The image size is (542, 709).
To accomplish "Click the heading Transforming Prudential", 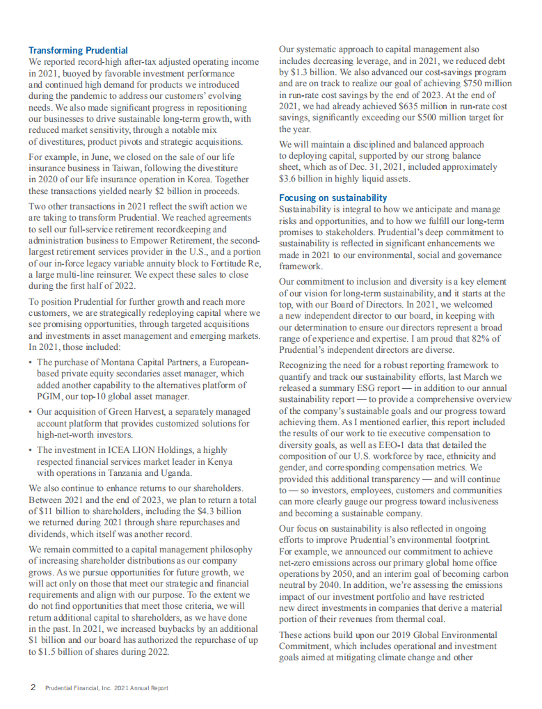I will coord(78,50).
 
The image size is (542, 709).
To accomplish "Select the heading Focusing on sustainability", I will coord(333,198).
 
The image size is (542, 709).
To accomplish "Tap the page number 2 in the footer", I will coord(32,687).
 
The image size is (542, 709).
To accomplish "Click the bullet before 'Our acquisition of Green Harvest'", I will coord(31,412).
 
